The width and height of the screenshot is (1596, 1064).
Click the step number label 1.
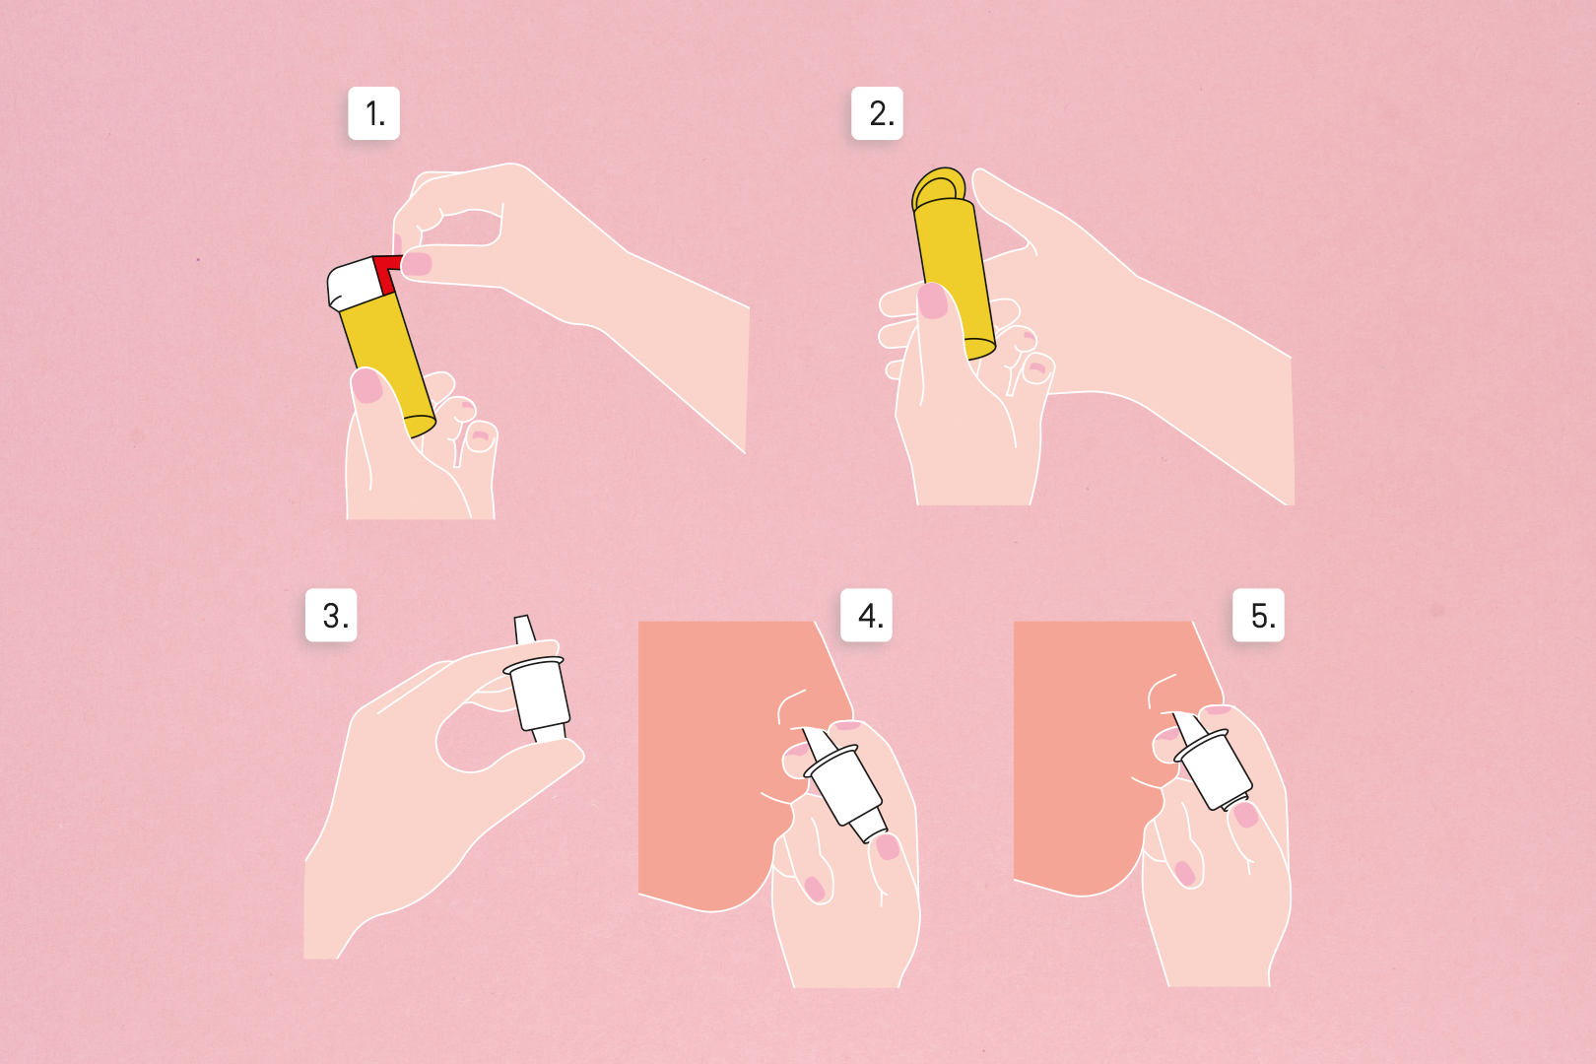(374, 113)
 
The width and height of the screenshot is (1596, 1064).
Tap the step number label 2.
(877, 113)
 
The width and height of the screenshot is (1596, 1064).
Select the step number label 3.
(331, 615)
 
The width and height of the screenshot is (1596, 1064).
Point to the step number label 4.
(866, 615)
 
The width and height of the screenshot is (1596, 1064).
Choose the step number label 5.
(1258, 615)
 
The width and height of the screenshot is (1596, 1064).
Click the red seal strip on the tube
(386, 272)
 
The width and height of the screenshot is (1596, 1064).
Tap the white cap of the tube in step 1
(354, 284)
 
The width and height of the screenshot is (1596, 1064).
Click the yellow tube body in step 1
(388, 364)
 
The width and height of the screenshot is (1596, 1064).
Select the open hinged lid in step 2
(938, 187)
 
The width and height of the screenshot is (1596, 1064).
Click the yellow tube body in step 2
(955, 278)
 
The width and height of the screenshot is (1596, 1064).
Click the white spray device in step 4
(845, 783)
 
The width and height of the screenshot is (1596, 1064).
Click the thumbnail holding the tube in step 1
(366, 385)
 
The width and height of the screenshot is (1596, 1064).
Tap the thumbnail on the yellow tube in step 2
(933, 300)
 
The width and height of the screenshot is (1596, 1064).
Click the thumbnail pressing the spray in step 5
(1245, 815)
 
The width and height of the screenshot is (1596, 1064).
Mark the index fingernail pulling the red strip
(417, 264)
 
